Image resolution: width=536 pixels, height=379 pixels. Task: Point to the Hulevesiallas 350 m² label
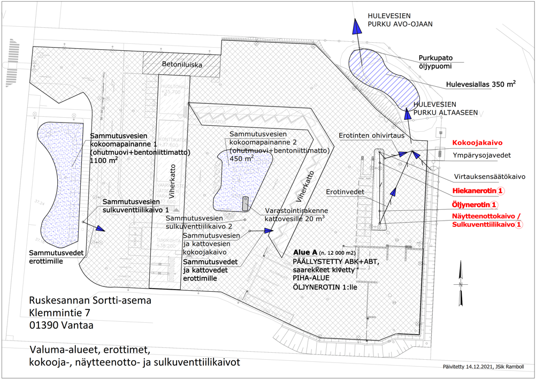[x=480, y=85]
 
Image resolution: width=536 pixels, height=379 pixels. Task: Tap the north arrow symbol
[x=459, y=284]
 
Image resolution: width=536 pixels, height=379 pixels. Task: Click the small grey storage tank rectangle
[x=245, y=203]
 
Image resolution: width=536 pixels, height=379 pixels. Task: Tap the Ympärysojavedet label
[x=482, y=156]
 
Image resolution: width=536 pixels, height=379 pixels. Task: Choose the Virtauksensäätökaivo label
[x=489, y=176]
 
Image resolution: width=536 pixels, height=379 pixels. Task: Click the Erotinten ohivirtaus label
[x=371, y=135]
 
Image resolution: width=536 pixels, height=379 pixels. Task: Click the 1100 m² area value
[x=105, y=160]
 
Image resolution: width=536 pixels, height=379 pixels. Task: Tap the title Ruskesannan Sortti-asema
[x=90, y=300]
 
